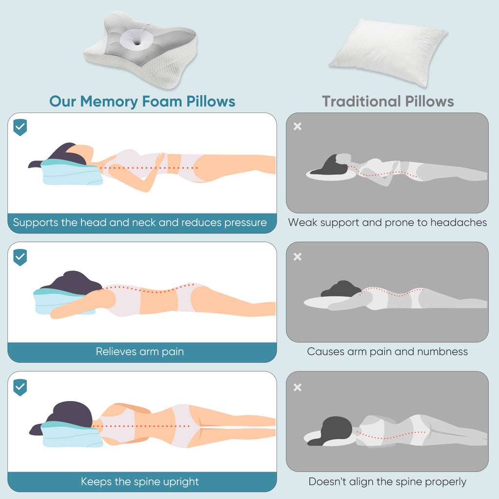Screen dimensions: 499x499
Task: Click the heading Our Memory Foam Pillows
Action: coord(142,101)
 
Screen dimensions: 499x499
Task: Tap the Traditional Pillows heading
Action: coord(388,101)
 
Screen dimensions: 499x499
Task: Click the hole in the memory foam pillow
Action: coord(146,38)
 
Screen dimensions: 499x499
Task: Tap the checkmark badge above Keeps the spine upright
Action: coord(20,387)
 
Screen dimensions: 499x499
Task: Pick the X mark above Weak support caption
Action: coord(298,127)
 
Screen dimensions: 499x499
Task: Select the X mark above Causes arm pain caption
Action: coord(298,257)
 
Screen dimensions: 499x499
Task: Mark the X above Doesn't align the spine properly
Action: coord(298,387)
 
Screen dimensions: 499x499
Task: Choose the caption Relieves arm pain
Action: coord(140,351)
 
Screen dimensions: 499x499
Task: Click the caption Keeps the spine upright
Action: coord(140,482)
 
